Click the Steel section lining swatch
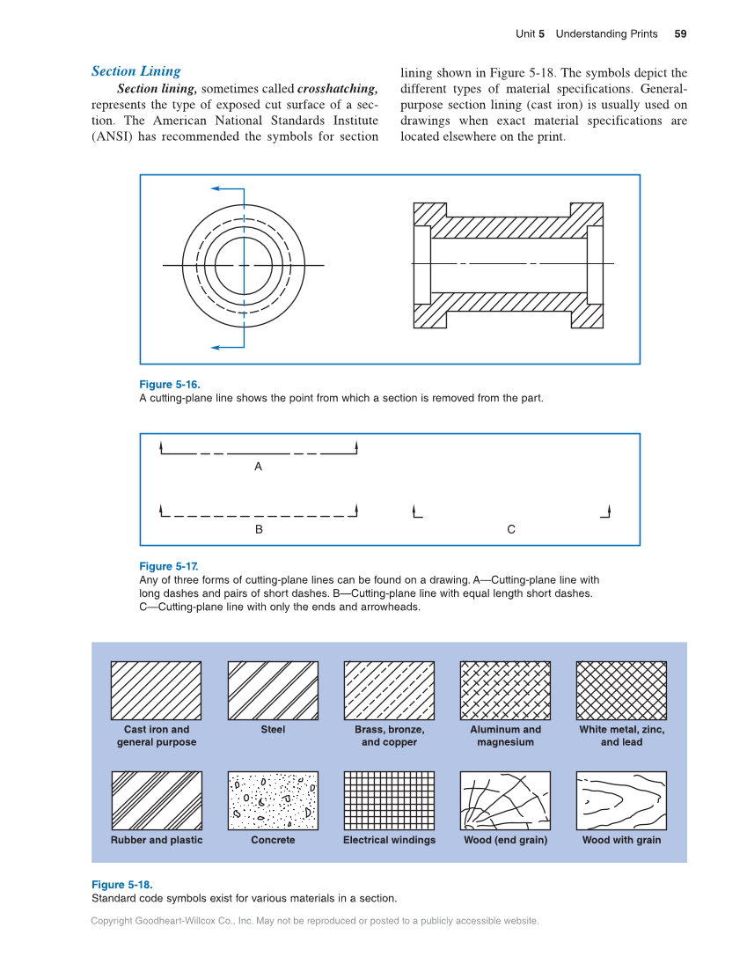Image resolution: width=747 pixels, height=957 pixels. tap(273, 691)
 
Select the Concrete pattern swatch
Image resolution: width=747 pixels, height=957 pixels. tap(273, 800)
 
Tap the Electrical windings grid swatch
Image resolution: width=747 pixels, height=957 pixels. tap(389, 800)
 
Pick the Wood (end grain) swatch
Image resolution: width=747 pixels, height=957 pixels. tap(505, 800)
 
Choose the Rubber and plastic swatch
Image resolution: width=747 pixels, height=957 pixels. tap(157, 800)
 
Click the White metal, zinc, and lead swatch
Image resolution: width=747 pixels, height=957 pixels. tap(621, 691)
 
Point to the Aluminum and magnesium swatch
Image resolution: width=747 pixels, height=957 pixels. tap(505, 691)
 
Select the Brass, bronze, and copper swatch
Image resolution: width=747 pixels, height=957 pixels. tap(389, 691)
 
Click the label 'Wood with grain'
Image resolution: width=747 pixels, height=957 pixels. tap(621, 840)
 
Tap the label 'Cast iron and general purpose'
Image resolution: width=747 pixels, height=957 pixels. tap(157, 736)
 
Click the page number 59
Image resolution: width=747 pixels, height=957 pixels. tap(680, 34)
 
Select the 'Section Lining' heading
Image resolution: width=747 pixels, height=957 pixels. tap(136, 71)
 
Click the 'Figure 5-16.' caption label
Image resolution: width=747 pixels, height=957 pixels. tap(170, 385)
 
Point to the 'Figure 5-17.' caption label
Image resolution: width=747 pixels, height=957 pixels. tap(169, 566)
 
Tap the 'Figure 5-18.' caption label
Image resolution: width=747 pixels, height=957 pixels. tap(121, 884)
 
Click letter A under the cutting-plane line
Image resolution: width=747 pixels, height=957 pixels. tap(258, 467)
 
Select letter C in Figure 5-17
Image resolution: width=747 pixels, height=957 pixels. tap(511, 529)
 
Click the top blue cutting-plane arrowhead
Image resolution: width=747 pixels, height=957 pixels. tap(216, 188)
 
